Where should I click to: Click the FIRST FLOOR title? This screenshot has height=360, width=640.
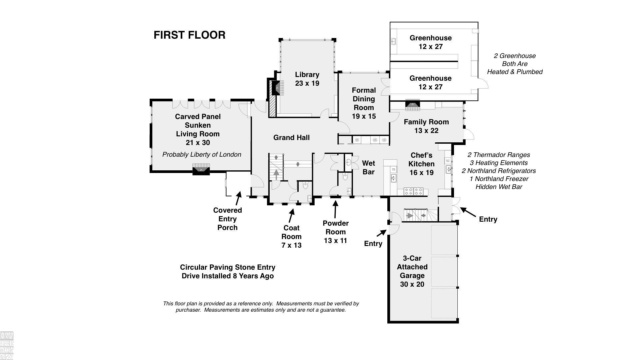(189, 35)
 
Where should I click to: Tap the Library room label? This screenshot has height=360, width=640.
(307, 75)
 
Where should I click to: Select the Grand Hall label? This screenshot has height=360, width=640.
(291, 137)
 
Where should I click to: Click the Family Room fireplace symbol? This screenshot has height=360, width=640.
(413, 105)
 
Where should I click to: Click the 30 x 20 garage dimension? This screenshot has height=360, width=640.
(412, 284)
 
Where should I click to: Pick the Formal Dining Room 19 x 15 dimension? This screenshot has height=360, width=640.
(364, 116)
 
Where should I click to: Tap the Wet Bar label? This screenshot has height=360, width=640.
(368, 167)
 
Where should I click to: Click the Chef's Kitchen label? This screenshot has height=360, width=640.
(421, 160)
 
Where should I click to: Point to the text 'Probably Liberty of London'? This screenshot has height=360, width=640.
(201, 154)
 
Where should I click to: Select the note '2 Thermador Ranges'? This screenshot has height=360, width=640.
(498, 155)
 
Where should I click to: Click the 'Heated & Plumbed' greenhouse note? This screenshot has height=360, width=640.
(515, 72)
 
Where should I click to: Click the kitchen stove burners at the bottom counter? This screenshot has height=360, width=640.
(414, 191)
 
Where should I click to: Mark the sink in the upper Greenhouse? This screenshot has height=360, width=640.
(393, 42)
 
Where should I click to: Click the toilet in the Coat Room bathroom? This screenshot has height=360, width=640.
(305, 186)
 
